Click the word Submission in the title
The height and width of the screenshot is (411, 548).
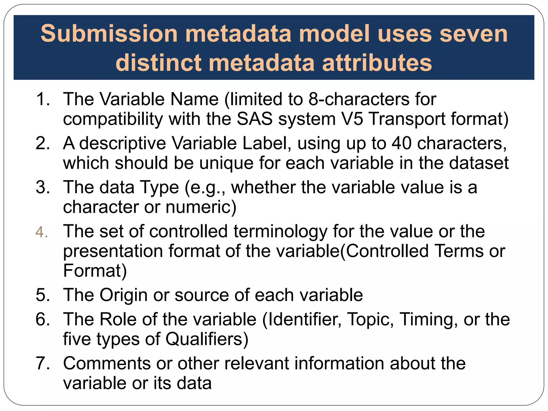click(109, 34)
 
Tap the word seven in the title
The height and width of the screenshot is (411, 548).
click(473, 34)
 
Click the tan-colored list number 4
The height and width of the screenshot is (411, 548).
click(42, 232)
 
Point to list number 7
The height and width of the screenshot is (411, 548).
click(43, 364)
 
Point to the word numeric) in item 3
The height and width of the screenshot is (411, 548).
click(201, 207)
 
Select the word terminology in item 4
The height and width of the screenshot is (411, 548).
click(280, 231)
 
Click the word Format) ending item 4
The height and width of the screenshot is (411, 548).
click(95, 271)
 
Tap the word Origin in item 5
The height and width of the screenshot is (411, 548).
click(123, 295)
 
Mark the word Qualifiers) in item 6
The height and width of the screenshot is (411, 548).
click(207, 339)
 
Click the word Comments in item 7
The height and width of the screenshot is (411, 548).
click(107, 364)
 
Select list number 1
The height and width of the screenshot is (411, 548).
click(43, 99)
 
